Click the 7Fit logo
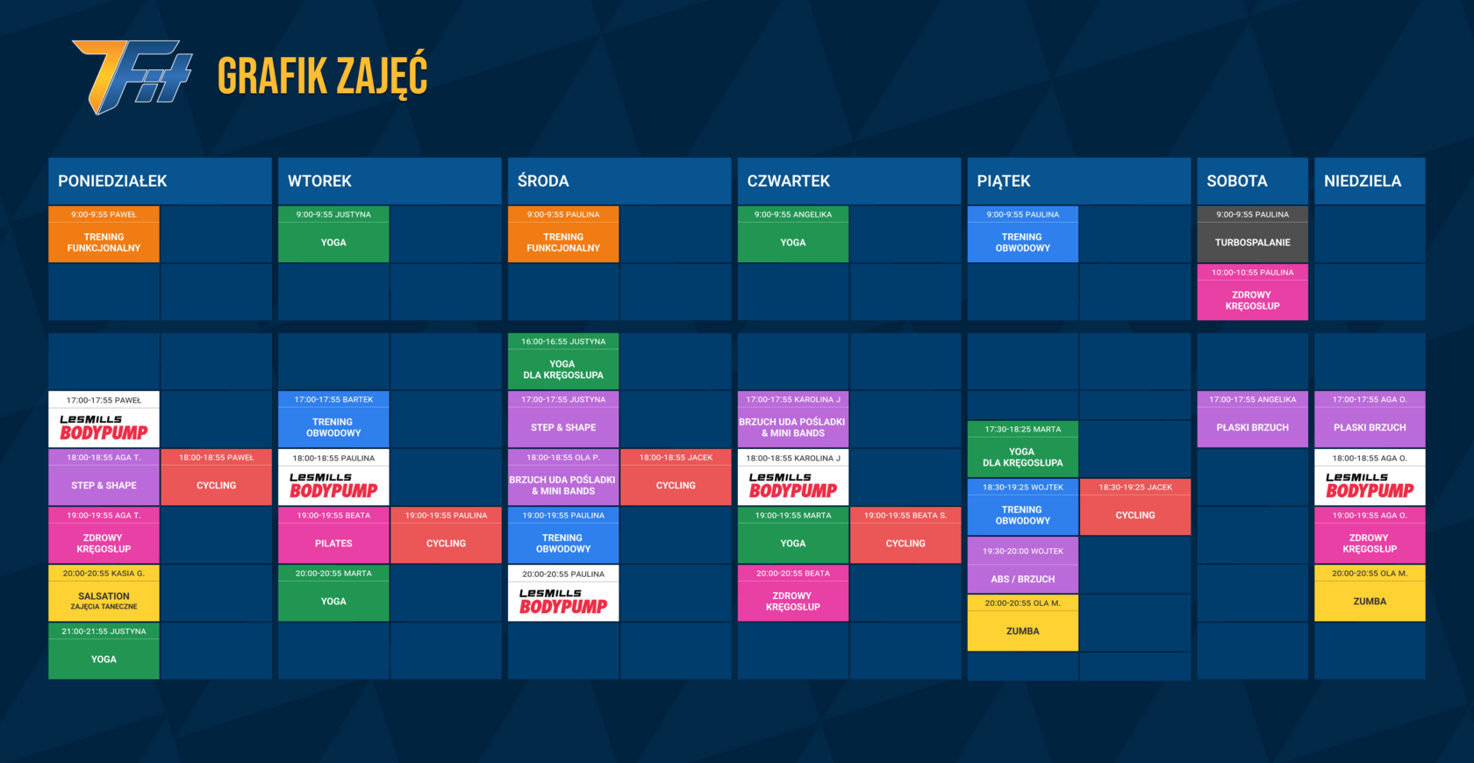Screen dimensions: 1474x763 (x=132, y=76)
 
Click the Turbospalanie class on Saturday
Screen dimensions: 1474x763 (x=1252, y=235)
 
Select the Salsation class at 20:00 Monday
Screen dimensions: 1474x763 (x=104, y=593)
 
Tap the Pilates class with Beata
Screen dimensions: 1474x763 (x=333, y=535)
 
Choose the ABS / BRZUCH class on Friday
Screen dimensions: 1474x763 (x=1023, y=565)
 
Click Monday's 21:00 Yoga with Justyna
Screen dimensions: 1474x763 (x=104, y=651)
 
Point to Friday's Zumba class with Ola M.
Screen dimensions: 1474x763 (x=1023, y=623)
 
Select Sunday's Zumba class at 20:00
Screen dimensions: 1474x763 (x=1370, y=593)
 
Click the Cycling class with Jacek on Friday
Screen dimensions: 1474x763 (x=1135, y=507)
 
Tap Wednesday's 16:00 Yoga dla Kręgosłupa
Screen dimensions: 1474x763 (x=563, y=361)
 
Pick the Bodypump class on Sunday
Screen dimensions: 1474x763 (x=1370, y=477)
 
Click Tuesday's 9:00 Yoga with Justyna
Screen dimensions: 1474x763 (x=333, y=235)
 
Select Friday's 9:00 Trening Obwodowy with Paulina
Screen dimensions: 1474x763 (x=1023, y=235)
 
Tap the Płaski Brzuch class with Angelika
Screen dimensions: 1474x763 (x=1252, y=419)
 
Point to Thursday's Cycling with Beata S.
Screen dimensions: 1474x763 (x=905, y=535)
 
